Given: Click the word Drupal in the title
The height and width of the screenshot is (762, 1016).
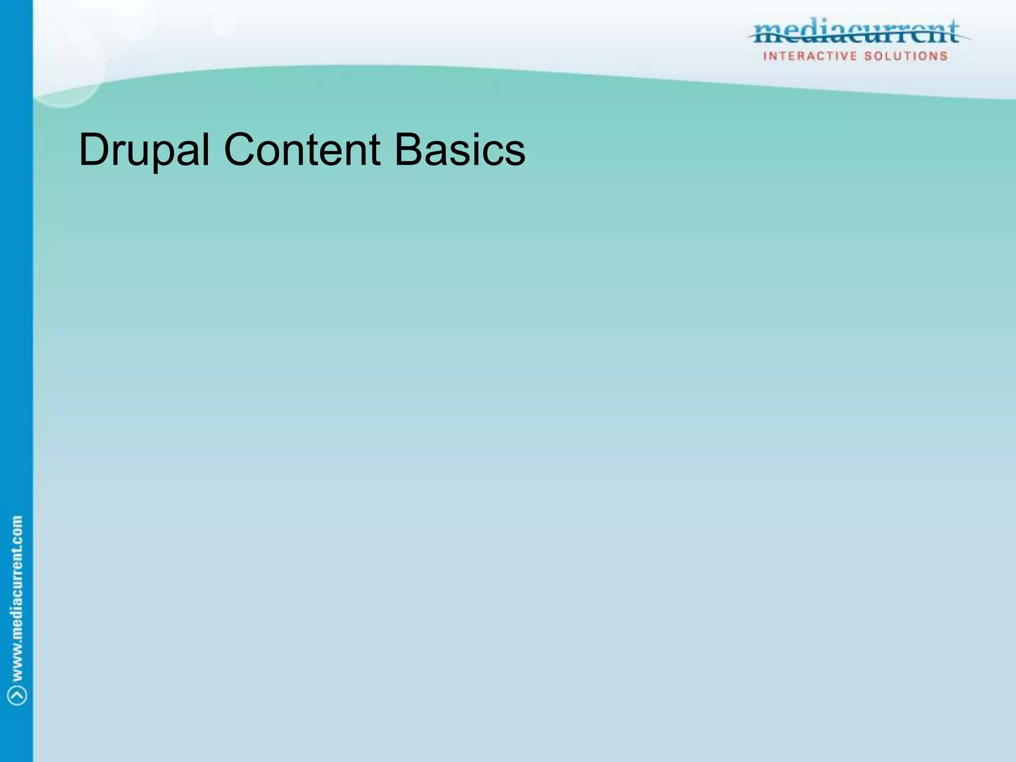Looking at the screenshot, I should pyautogui.click(x=144, y=150).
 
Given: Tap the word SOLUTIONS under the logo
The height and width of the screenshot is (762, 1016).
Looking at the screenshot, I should pyautogui.click(x=906, y=56).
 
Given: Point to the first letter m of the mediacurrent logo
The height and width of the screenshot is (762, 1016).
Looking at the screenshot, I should pyautogui.click(x=768, y=35).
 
